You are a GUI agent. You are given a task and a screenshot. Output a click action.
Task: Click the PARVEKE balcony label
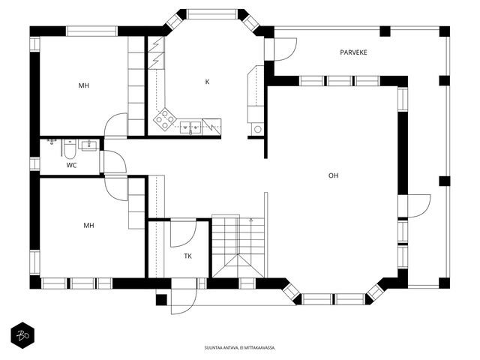[x=353, y=52]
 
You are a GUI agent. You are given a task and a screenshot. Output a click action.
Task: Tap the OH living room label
[x=333, y=175]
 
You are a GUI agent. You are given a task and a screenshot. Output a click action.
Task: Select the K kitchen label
[x=207, y=82]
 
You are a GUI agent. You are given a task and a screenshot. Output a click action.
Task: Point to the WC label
[x=71, y=166]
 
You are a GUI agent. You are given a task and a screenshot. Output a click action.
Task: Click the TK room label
[x=188, y=256]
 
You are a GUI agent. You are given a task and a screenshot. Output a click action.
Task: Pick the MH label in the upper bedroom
[x=83, y=85]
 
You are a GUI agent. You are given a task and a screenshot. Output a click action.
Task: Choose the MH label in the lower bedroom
[x=88, y=226]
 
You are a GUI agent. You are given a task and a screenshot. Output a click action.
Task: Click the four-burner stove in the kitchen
[x=165, y=119]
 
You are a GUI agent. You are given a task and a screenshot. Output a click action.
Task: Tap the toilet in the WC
[x=70, y=149]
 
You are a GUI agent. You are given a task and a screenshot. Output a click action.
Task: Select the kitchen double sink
[x=190, y=127]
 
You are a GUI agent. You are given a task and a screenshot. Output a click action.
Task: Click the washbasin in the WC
[x=88, y=145]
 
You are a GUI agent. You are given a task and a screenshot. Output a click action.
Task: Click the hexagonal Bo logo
[x=22, y=335]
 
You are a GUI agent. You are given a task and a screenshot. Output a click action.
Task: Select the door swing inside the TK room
[x=183, y=233]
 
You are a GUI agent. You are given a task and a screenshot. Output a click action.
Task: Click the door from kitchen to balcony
[x=285, y=49]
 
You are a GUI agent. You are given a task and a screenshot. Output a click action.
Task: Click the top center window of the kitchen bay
[x=211, y=14]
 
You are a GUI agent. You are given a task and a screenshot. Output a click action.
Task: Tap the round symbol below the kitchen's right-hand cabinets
[x=258, y=129]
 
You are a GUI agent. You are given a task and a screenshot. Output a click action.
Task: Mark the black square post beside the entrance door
[x=161, y=300]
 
